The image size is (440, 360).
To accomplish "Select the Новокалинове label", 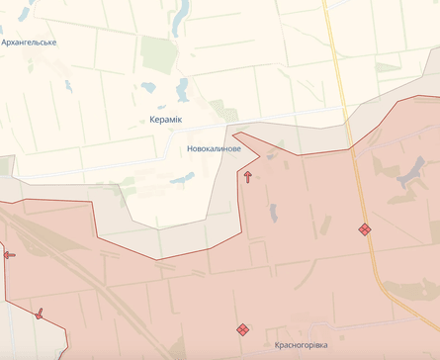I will tap(214, 148).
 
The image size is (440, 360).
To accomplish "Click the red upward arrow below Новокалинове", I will tap(247, 177).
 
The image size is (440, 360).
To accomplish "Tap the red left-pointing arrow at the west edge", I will tap(9, 255).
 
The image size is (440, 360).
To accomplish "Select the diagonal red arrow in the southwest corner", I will tap(39, 314).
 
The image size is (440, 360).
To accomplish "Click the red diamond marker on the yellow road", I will tap(365, 229).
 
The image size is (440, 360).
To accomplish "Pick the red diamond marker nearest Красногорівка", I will tap(242, 328).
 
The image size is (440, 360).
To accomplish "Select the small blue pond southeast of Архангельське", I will tap(68, 87).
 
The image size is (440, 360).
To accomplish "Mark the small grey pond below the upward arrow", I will tap(273, 211).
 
